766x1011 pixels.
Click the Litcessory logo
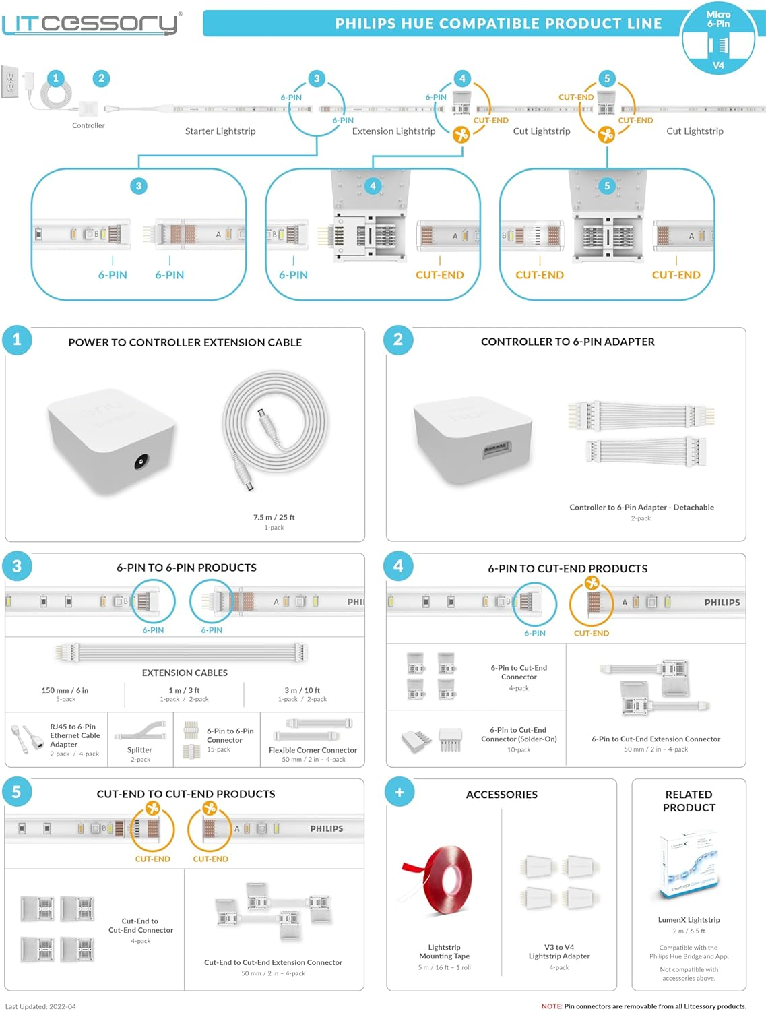coord(91,24)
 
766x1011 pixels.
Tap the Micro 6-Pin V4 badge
coord(718,39)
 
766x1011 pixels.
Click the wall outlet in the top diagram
coord(10,82)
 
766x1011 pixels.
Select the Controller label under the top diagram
coord(88,125)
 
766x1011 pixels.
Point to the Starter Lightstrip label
coord(220,131)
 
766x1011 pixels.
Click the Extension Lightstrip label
coord(393,131)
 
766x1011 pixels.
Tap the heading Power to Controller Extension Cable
coord(185,342)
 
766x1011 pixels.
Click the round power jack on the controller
coord(141,462)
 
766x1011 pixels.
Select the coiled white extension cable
coord(275,425)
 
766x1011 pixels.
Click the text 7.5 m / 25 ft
coord(274,518)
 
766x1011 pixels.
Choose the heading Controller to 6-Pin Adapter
coord(567,342)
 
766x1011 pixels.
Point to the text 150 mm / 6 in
coord(65,690)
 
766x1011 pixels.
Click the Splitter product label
coord(139,750)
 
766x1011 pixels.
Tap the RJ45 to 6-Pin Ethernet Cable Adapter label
coord(75,735)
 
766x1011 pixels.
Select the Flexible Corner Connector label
coord(313,750)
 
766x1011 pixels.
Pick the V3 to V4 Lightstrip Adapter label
coord(559,952)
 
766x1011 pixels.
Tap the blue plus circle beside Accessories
coord(400,793)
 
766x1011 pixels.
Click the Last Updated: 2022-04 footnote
coord(40,1006)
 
